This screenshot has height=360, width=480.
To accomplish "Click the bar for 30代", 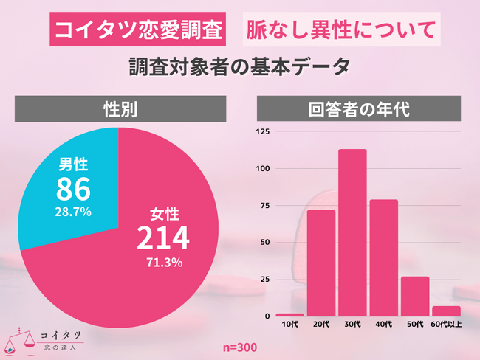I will [x=352, y=232].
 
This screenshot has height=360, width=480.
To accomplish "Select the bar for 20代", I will [x=320, y=263].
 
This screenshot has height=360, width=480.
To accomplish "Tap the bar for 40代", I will [x=383, y=257].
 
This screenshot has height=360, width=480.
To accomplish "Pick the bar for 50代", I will [x=415, y=296].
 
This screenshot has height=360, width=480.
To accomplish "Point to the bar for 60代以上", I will [x=446, y=311].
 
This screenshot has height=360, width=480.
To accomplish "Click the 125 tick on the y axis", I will [x=263, y=132].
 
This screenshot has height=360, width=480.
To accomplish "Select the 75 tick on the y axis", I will [x=265, y=206].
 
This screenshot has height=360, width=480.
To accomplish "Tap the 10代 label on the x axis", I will [x=289, y=326].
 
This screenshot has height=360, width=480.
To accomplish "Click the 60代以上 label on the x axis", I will [x=446, y=326].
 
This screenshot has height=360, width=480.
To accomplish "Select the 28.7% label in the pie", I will [x=74, y=212].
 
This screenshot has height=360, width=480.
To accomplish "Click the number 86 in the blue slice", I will [x=74, y=190].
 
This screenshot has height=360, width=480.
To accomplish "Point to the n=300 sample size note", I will [x=240, y=347].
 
